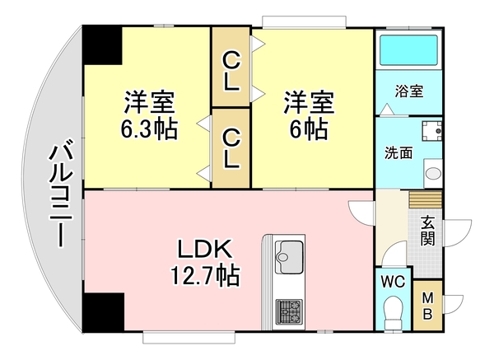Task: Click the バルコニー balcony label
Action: (x=58, y=194)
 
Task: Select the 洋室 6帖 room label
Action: (x=310, y=116)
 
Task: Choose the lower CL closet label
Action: (x=231, y=147)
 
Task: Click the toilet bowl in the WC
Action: (x=393, y=312)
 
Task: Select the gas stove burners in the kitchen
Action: (x=288, y=311)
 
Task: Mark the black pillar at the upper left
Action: (x=101, y=46)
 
